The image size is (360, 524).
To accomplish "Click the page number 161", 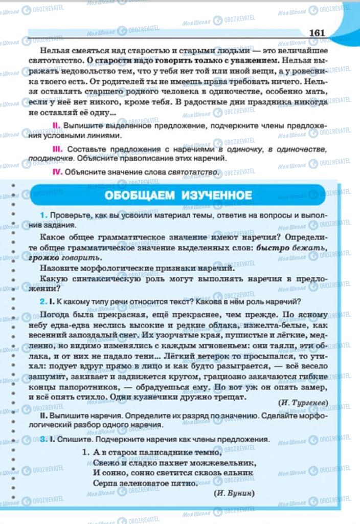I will [x=317, y=33].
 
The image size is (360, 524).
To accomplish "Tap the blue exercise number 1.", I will [x=44, y=215].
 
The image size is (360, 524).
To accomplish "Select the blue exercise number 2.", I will [x=44, y=301].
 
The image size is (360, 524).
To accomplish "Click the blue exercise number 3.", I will [x=44, y=439].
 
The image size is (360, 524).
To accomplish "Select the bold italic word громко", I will [x=55, y=256].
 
